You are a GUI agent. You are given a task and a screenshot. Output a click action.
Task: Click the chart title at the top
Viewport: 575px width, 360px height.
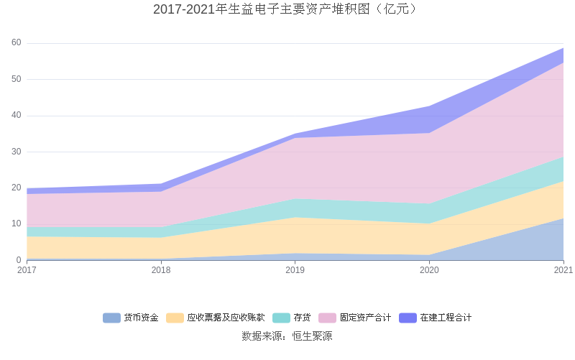click(x=287, y=9)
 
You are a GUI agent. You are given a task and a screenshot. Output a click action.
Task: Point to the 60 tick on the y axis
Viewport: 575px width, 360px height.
click(x=16, y=43)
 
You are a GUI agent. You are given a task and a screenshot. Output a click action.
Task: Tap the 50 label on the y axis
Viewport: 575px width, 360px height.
click(x=16, y=79)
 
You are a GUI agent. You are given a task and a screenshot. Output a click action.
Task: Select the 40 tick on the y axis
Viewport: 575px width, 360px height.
click(x=16, y=116)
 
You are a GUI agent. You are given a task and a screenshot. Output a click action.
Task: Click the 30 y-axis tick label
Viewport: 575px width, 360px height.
click(x=16, y=152)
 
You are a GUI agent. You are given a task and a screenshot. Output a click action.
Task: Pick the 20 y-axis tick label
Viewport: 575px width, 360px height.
click(x=16, y=188)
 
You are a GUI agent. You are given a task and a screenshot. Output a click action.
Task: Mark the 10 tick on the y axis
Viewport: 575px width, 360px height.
click(x=16, y=223)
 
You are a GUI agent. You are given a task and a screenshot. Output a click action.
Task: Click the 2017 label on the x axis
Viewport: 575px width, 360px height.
click(x=27, y=270)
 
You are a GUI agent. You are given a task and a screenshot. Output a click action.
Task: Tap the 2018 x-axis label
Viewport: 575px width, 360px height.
click(x=161, y=270)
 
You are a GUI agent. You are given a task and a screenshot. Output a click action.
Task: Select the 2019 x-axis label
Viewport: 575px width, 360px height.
click(x=295, y=270)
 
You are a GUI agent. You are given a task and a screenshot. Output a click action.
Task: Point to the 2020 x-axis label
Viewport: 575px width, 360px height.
click(x=429, y=270)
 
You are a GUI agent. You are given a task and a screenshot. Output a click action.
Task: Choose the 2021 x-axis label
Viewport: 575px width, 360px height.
click(x=563, y=270)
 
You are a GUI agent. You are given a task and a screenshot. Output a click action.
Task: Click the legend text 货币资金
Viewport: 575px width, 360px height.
click(x=141, y=318)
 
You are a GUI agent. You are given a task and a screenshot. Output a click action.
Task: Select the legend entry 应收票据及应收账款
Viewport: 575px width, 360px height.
click(x=226, y=318)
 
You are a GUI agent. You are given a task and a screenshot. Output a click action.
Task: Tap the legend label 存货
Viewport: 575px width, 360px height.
click(x=302, y=318)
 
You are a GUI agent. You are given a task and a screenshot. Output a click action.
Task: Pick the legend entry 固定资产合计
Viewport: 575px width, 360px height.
click(x=365, y=318)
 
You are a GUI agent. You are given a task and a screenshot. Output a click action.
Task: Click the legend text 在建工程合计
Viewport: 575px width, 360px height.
click(x=446, y=318)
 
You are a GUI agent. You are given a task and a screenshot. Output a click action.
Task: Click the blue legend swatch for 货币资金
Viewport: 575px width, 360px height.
click(x=111, y=318)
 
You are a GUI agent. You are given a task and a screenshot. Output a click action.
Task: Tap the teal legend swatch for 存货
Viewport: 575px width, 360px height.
click(x=281, y=318)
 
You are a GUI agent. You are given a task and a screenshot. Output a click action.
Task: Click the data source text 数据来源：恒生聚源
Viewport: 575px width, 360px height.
click(x=287, y=336)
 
